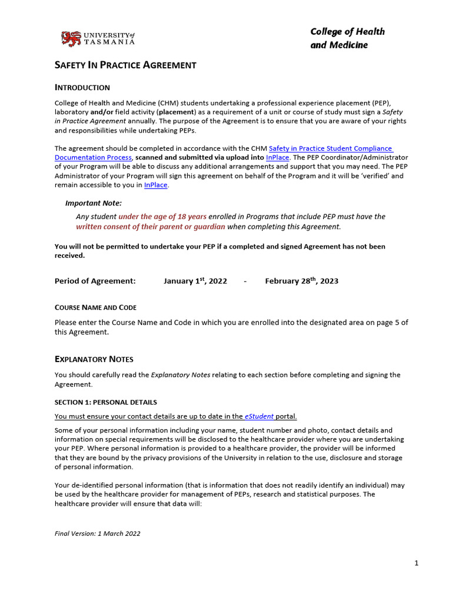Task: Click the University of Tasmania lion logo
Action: (x=71, y=39)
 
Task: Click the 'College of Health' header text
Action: (x=347, y=32)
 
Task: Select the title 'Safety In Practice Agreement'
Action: (x=125, y=65)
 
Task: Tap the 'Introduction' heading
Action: (x=82, y=88)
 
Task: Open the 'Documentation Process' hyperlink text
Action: (x=94, y=158)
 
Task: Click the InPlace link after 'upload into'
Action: (x=278, y=158)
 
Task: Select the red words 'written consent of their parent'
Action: (x=151, y=227)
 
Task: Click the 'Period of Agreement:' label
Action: (x=95, y=281)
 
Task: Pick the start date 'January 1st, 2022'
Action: (x=195, y=281)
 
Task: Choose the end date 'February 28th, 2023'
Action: (x=301, y=281)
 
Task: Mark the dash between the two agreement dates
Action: (x=245, y=281)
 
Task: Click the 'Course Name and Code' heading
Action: (x=95, y=307)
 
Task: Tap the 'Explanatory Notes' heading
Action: (x=94, y=359)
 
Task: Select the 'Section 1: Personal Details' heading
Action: (x=106, y=402)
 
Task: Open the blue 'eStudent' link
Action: (x=259, y=416)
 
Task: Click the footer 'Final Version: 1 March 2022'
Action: (x=98, y=534)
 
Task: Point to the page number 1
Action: (x=416, y=563)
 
